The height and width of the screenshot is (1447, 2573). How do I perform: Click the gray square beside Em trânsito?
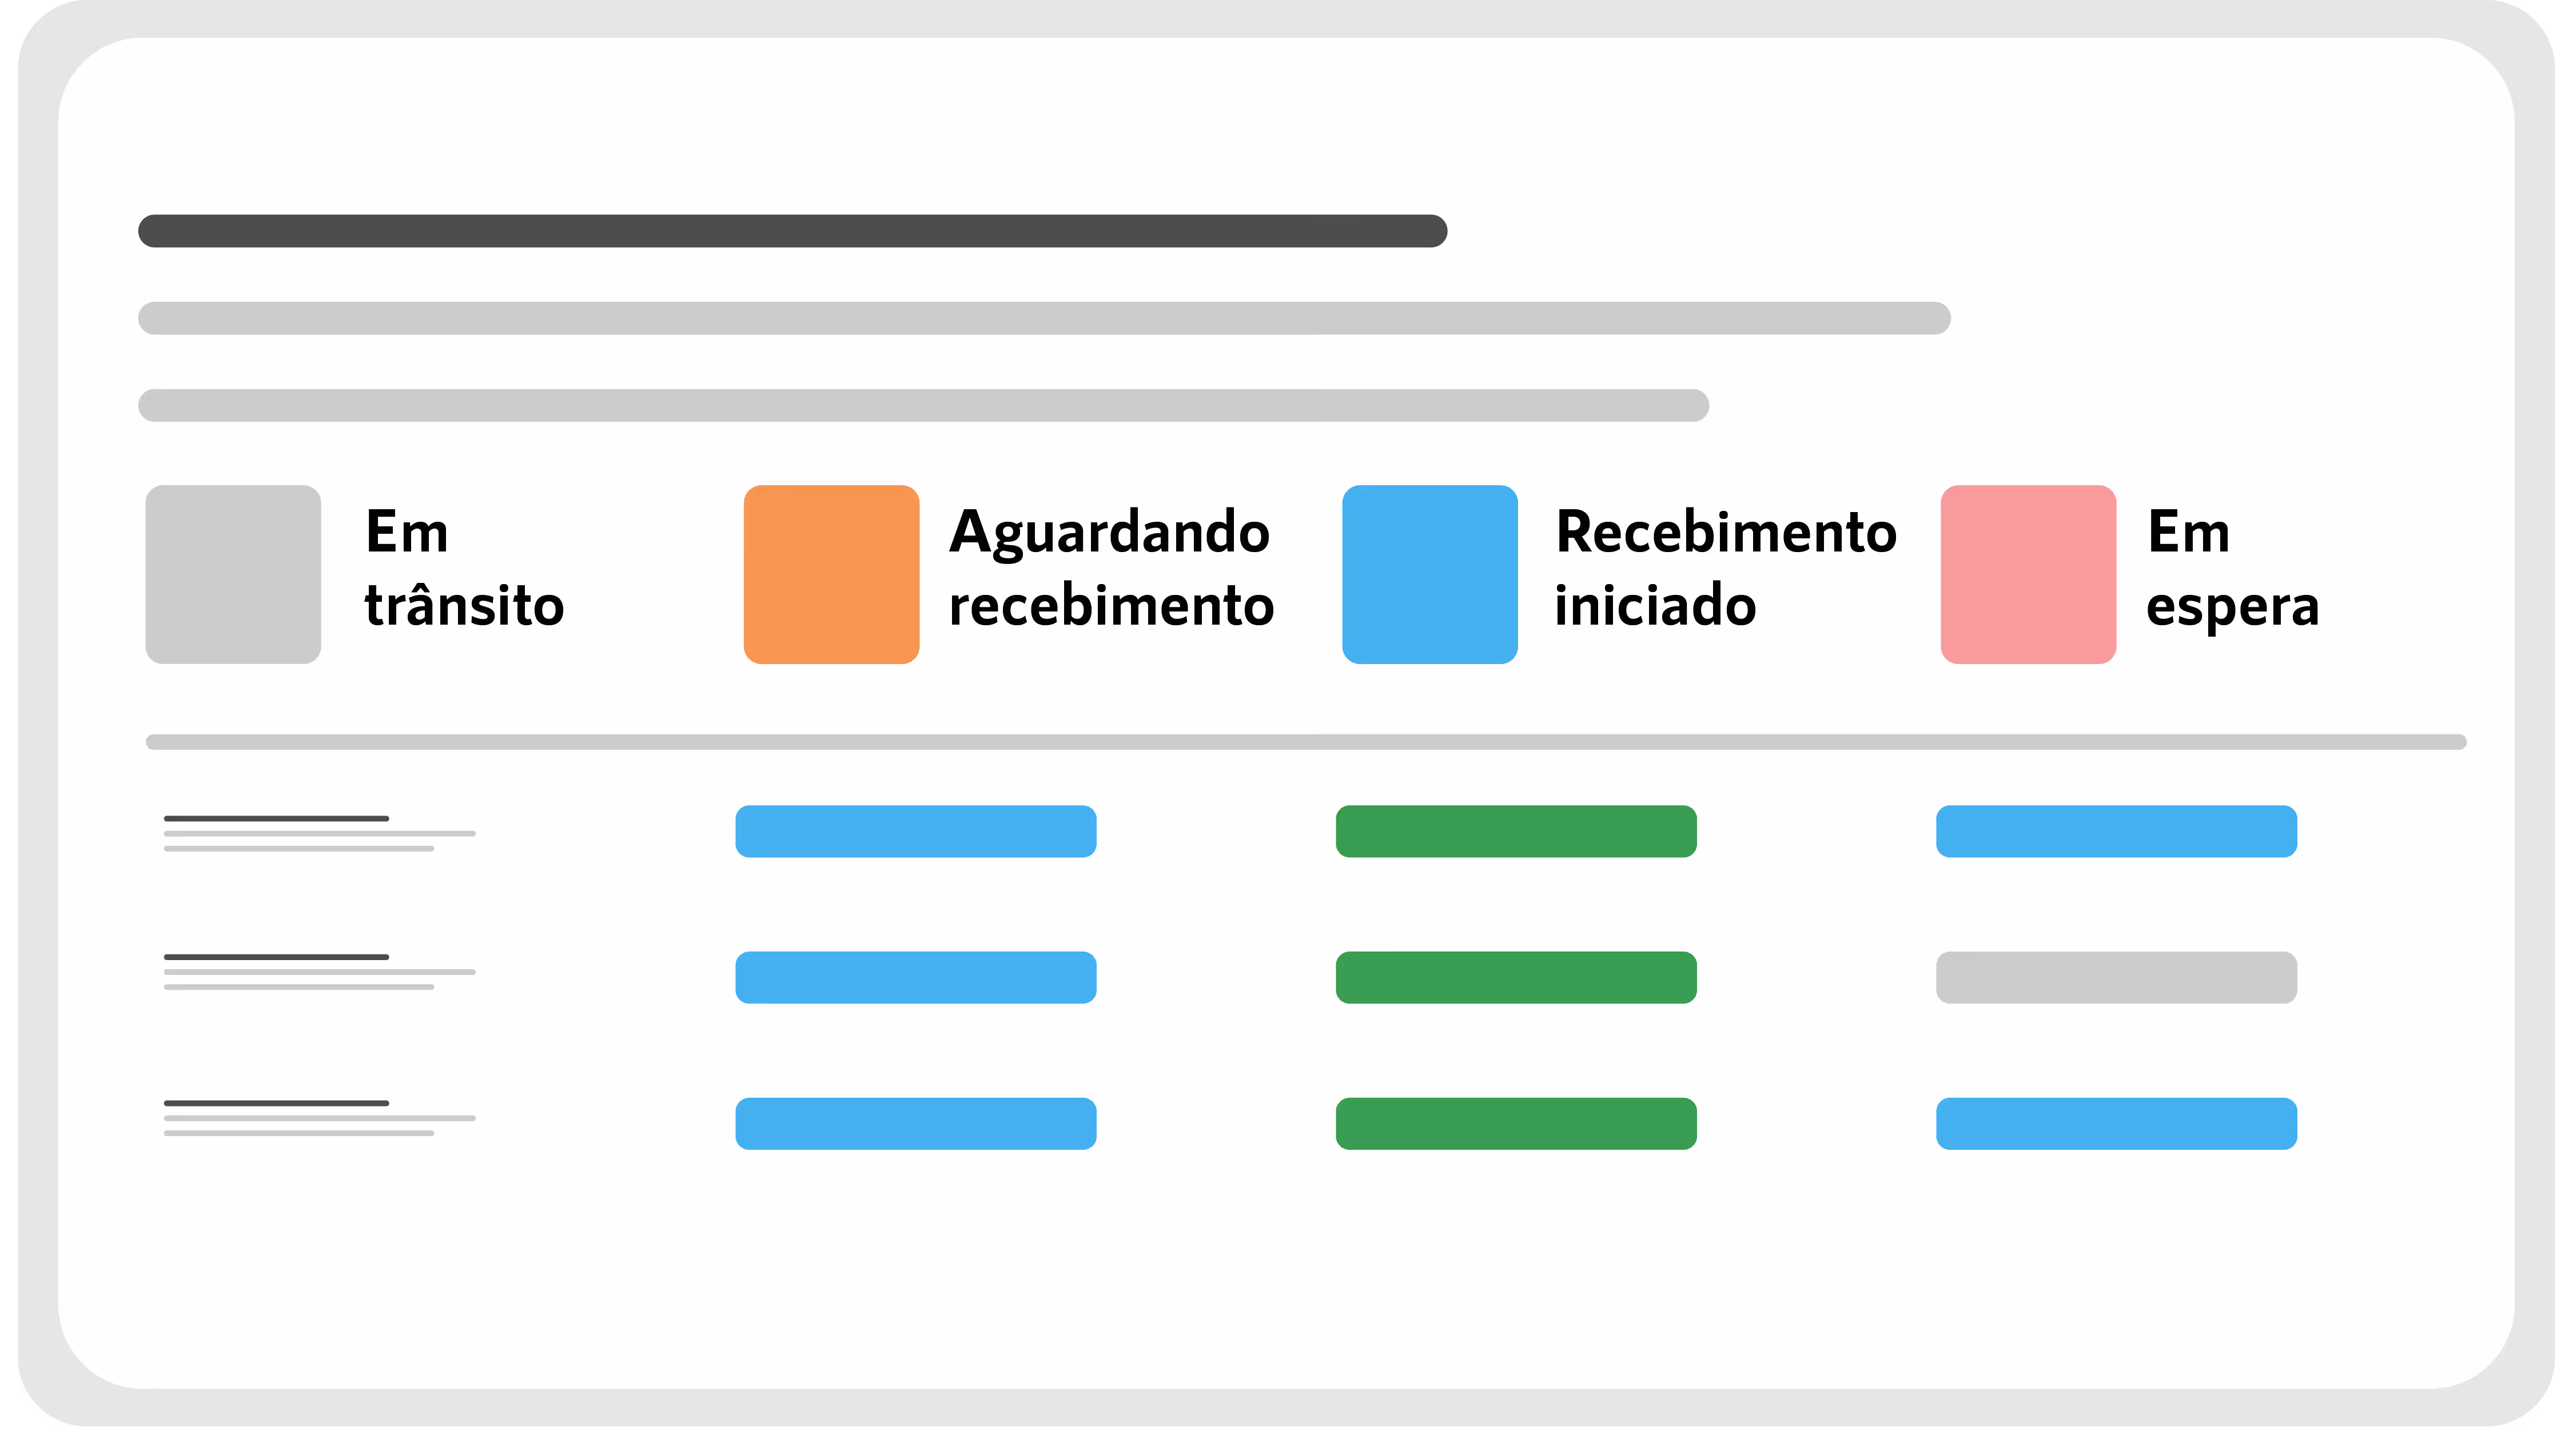pyautogui.click(x=233, y=574)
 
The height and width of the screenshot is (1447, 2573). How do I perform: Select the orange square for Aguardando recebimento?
pyautogui.click(x=831, y=574)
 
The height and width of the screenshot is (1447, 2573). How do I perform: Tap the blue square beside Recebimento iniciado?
pyautogui.click(x=1429, y=574)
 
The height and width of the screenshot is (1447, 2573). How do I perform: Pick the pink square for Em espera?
pyautogui.click(x=2028, y=574)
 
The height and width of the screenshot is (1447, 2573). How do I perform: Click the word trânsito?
pyautogui.click(x=464, y=606)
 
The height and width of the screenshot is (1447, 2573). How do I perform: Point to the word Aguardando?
pyautogui.click(x=1109, y=532)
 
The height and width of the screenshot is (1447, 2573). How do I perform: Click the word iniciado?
pyautogui.click(x=1655, y=606)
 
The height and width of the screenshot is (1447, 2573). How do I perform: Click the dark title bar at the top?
pyautogui.click(x=792, y=231)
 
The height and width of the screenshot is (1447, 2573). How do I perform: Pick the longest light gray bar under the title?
pyautogui.click(x=1044, y=318)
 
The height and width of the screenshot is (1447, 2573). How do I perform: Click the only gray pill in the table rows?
pyautogui.click(x=2116, y=978)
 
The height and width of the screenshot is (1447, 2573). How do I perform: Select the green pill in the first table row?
pyautogui.click(x=1515, y=831)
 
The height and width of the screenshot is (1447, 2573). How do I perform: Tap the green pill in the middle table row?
pyautogui.click(x=1515, y=978)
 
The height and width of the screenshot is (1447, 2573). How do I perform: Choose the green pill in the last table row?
pyautogui.click(x=1515, y=1124)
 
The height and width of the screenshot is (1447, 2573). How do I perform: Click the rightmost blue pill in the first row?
pyautogui.click(x=2116, y=831)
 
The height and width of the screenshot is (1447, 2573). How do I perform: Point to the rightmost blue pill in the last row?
pyautogui.click(x=2116, y=1124)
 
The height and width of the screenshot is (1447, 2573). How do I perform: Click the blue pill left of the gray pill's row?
pyautogui.click(x=915, y=978)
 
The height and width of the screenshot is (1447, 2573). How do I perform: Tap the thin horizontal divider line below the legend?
pyautogui.click(x=1305, y=742)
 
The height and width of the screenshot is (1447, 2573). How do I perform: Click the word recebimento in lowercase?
pyautogui.click(x=1111, y=606)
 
